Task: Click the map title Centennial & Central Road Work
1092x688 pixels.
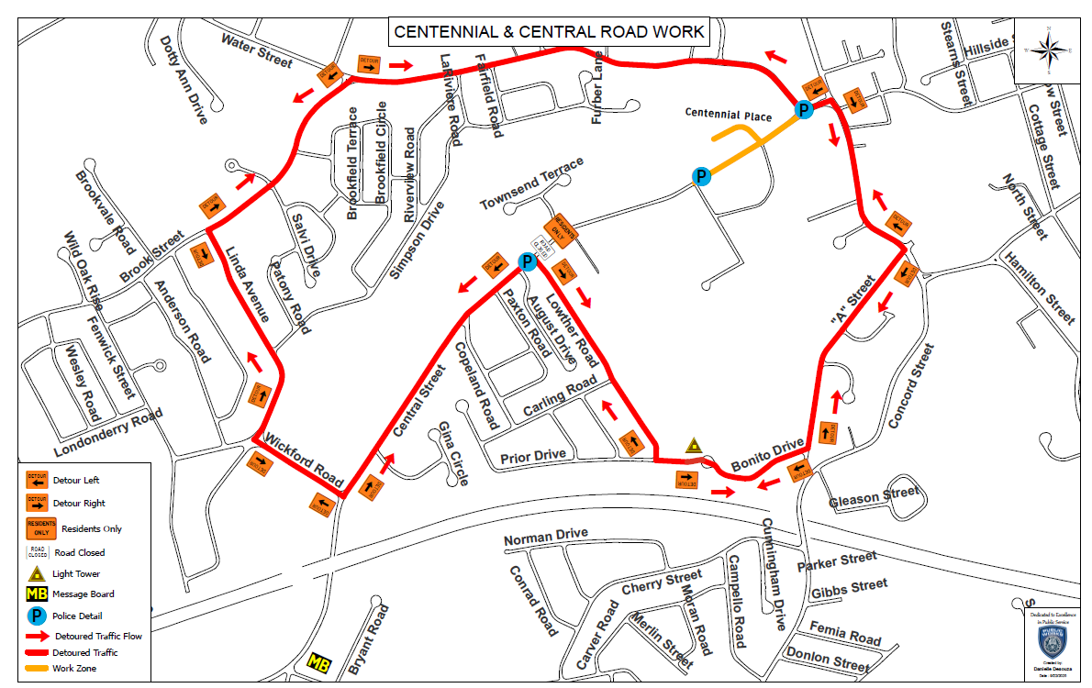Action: pos(549,32)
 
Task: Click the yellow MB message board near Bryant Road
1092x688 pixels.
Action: pos(318,662)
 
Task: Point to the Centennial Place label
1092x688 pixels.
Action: pos(729,115)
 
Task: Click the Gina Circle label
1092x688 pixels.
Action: pos(453,454)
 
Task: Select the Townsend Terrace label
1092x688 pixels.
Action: pos(531,184)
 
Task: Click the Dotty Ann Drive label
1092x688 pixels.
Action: pos(184,80)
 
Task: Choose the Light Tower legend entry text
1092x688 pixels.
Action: pos(75,574)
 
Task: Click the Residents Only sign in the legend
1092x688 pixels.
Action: pos(37,528)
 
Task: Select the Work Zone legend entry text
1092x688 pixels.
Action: pos(73,669)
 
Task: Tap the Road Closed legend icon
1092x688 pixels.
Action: pos(37,552)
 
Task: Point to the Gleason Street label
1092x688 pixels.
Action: pos(873,497)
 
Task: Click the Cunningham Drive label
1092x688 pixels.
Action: pos(773,574)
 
